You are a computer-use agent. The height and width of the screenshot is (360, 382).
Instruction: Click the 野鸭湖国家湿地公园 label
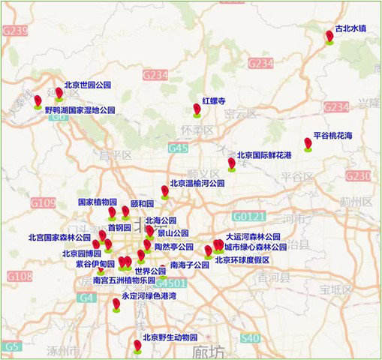pos(80,109)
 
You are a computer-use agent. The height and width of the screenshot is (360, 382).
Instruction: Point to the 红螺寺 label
pos(214,100)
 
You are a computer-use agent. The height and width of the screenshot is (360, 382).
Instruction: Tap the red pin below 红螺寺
pos(197,110)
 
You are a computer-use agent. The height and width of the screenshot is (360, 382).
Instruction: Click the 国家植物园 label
pos(98,202)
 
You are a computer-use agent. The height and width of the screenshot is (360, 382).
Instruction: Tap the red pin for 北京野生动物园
pos(137,345)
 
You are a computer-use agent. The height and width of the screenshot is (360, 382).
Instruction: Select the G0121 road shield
pos(248,216)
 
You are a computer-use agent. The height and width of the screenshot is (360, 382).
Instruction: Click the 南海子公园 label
pos(189,265)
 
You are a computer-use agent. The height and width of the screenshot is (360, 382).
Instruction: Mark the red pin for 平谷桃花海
pos(308,143)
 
